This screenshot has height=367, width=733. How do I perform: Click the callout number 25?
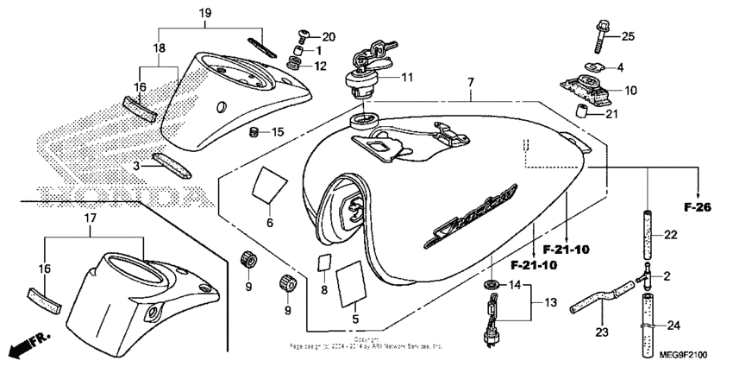pos(627,36)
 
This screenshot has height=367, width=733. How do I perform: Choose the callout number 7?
pos(470,83)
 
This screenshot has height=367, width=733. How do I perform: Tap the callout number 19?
pos(204,12)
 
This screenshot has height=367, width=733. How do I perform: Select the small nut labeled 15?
pos(254,131)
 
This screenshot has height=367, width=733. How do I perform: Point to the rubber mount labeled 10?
pos(586,89)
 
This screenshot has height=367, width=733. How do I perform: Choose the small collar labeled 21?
pos(581,111)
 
